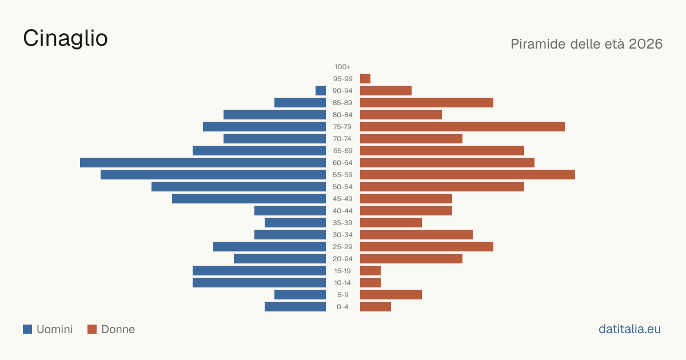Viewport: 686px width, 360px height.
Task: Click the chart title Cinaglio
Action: pos(65,38)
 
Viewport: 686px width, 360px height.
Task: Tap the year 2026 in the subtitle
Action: pos(645,44)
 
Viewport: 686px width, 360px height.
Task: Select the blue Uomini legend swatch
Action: pos(27,329)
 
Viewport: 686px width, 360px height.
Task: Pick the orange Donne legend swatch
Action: pos(92,329)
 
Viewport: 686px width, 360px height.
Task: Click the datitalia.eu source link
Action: pos(629,329)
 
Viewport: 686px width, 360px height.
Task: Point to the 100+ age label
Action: pos(342,67)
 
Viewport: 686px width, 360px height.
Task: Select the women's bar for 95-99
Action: pos(365,79)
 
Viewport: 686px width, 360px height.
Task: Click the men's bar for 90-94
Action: pos(321,91)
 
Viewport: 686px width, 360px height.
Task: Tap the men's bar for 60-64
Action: pos(203,162)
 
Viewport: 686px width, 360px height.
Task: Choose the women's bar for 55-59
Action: pos(468,174)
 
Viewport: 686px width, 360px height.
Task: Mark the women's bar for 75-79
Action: pos(462,127)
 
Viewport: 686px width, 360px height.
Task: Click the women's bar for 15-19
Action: pos(370,271)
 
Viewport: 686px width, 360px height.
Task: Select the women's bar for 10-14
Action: pos(370,282)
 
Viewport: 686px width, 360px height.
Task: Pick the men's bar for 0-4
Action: pos(295,307)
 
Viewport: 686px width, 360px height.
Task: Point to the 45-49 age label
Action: pos(342,199)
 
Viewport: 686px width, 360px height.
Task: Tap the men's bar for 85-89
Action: pos(300,102)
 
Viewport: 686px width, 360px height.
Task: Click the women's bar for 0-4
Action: pos(376,307)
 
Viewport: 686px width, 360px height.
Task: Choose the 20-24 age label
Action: pos(342,259)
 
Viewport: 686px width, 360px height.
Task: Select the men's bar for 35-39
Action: pos(295,222)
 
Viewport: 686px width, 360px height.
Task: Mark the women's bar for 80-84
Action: pos(401,114)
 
